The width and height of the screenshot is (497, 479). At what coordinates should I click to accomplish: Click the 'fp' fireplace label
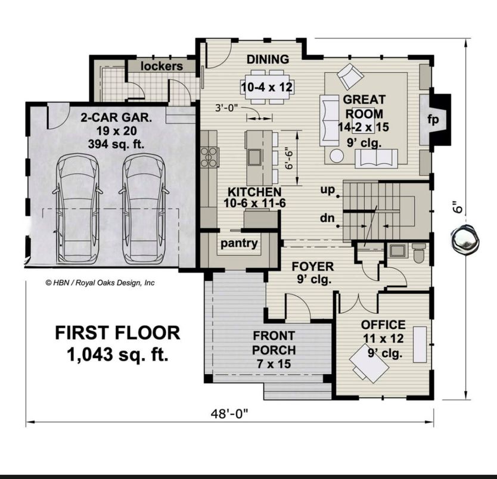point(433,120)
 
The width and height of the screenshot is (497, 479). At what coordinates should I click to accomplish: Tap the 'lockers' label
point(161,66)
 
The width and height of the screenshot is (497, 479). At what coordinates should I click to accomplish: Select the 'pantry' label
point(239,243)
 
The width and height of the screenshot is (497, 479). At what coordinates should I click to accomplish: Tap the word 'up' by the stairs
point(327,189)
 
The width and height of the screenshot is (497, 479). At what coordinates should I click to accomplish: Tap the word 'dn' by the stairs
point(327,219)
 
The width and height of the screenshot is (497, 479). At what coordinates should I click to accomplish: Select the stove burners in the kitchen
point(209,157)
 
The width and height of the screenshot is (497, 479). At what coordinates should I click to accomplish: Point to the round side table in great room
point(337,156)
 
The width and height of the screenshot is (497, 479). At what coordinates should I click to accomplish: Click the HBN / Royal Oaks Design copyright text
point(100,283)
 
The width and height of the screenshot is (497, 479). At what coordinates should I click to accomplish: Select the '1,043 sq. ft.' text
point(117,355)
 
